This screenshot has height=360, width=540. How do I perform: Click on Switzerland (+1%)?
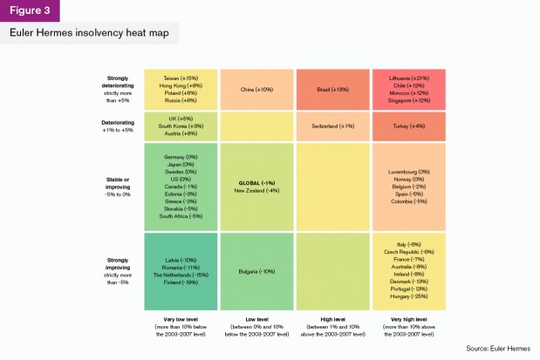click(333, 126)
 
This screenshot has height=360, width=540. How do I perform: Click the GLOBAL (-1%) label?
click(257, 182)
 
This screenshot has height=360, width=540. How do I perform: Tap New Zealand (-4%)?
click(257, 190)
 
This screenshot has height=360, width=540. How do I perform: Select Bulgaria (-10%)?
click(257, 271)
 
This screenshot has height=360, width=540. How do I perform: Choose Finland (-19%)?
click(182, 282)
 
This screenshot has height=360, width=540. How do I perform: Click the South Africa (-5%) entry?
click(182, 215)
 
